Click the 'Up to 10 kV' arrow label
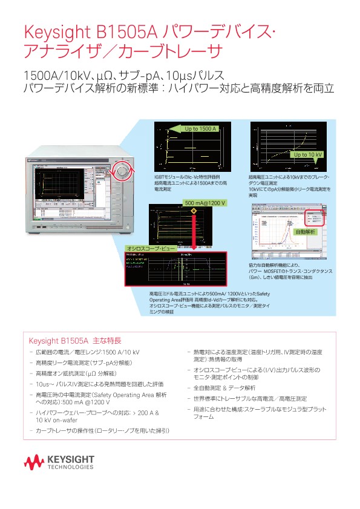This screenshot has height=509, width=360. (307, 155)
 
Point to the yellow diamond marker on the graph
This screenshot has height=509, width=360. (194, 211)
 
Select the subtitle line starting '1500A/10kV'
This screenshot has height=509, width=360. (123, 76)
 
